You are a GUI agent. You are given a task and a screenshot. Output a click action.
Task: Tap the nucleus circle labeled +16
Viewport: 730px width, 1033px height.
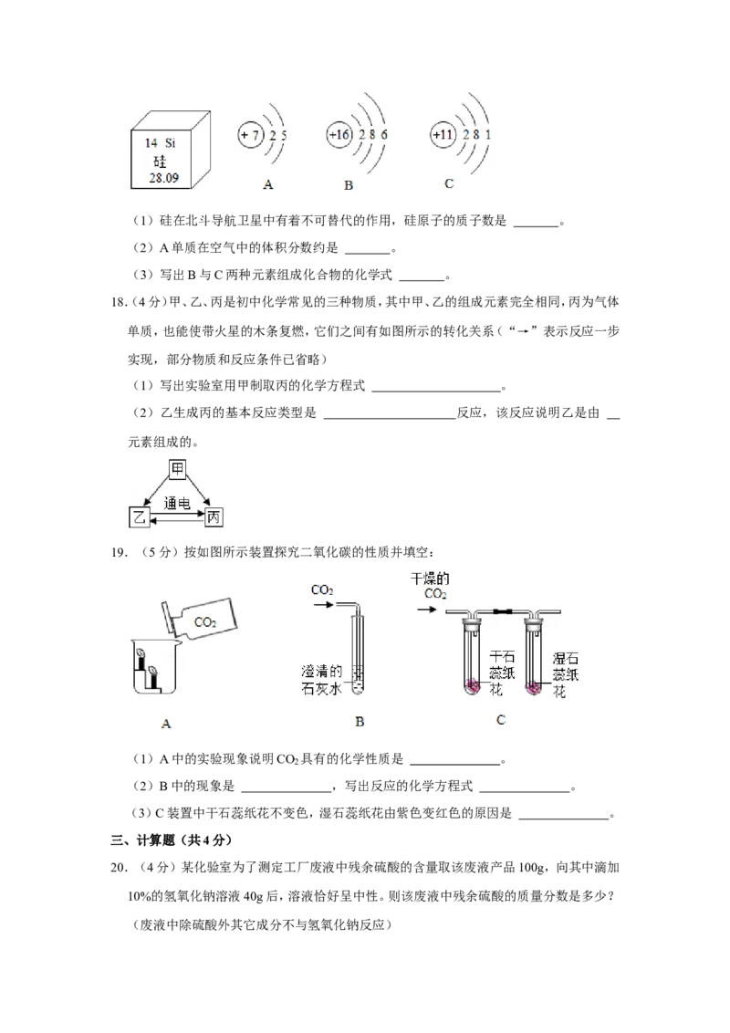click(x=340, y=134)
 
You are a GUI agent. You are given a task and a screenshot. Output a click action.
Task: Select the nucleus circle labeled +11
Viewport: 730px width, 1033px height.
click(x=443, y=134)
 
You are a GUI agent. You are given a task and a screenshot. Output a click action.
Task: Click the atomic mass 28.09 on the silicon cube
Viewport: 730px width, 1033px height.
click(x=163, y=178)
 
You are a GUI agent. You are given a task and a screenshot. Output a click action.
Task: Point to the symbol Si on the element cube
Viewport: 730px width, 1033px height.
click(x=170, y=143)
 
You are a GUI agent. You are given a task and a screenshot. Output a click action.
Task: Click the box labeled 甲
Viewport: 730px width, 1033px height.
click(x=177, y=469)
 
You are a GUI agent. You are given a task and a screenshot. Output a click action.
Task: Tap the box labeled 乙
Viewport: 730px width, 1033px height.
click(x=139, y=517)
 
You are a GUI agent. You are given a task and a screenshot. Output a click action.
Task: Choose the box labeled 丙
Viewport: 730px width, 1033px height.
click(x=214, y=517)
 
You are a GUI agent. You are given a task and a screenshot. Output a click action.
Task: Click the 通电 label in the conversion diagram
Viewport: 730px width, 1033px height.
click(x=177, y=504)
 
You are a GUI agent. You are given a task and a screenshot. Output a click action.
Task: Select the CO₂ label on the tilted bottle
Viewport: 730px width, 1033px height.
click(x=205, y=622)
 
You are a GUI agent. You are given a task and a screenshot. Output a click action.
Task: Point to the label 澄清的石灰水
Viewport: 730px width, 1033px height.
click(x=322, y=680)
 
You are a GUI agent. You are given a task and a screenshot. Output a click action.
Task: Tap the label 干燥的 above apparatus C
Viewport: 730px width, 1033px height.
click(x=430, y=579)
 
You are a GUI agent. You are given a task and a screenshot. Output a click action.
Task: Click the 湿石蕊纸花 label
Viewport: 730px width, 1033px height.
click(x=565, y=674)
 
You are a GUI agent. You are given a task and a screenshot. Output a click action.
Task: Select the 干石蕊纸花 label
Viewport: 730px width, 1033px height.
click(x=502, y=673)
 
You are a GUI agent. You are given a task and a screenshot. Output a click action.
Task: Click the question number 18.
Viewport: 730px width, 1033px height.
click(x=118, y=302)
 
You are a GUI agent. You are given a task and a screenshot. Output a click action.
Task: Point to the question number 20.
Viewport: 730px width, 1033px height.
click(x=120, y=868)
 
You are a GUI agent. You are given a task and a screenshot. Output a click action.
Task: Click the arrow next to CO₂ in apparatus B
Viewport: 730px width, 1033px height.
click(x=324, y=603)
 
